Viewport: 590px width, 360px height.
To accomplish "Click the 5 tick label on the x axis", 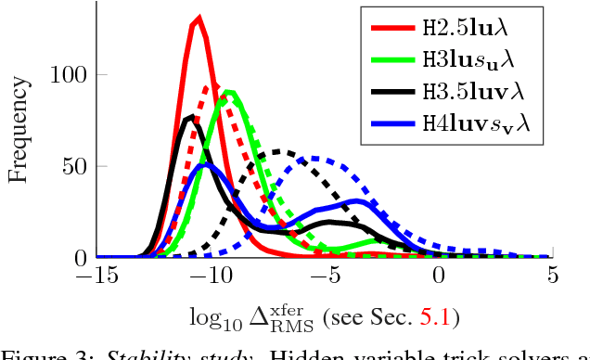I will point(552,276).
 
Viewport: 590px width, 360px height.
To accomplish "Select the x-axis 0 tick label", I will point(439,276).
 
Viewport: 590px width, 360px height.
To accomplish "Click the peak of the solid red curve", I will point(198,18).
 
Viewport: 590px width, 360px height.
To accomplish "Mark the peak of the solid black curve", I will point(190,117).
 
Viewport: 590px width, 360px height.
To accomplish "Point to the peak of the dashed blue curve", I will point(320,158).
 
